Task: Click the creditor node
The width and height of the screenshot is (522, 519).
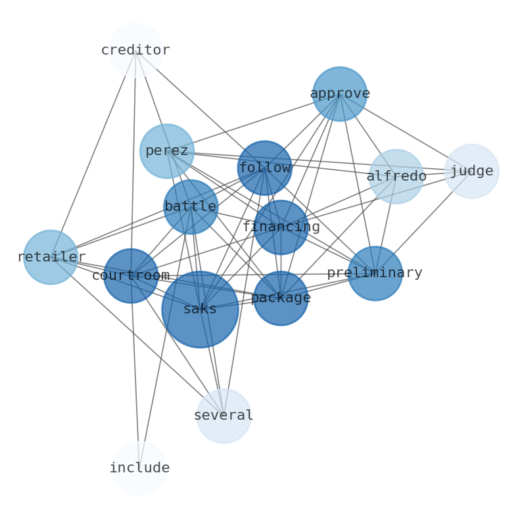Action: click(x=135, y=51)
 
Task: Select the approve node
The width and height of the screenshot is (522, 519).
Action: click(x=339, y=94)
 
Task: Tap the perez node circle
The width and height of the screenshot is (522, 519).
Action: click(x=167, y=151)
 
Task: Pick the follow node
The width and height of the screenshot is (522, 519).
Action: click(x=264, y=168)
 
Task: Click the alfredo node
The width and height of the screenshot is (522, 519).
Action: click(x=396, y=176)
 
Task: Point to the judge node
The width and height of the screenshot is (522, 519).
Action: click(x=471, y=171)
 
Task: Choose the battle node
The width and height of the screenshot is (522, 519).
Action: click(x=191, y=207)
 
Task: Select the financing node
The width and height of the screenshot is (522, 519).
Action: click(x=281, y=227)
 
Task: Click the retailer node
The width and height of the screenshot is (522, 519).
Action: click(x=51, y=257)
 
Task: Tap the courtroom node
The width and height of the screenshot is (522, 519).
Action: click(x=131, y=276)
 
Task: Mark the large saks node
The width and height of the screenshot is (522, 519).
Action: click(x=200, y=309)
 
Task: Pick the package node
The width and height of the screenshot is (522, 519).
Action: click(x=281, y=298)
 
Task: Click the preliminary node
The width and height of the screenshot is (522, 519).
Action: click(x=375, y=273)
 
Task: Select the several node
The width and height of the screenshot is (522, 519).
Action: click(x=224, y=416)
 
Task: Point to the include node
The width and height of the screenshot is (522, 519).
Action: click(x=139, y=468)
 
